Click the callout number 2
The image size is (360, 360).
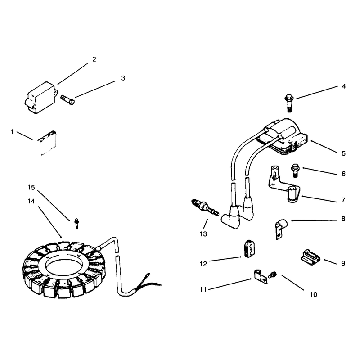(x=94, y=59)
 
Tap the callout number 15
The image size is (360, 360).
(x=31, y=188)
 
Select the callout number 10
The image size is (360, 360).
(x=313, y=294)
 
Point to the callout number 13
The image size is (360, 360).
(x=203, y=234)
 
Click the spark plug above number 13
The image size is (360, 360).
(x=205, y=207)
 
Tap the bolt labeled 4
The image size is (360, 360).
(x=289, y=103)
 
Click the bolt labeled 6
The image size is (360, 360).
(x=295, y=170)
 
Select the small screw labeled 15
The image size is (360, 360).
(x=76, y=223)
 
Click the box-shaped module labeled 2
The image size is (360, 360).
(x=40, y=98)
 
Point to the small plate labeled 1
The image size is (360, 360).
(x=48, y=143)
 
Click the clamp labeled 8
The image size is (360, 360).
(x=281, y=229)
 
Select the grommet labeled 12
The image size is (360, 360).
(x=249, y=249)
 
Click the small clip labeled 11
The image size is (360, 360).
(x=261, y=277)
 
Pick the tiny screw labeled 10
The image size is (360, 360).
(x=273, y=274)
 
